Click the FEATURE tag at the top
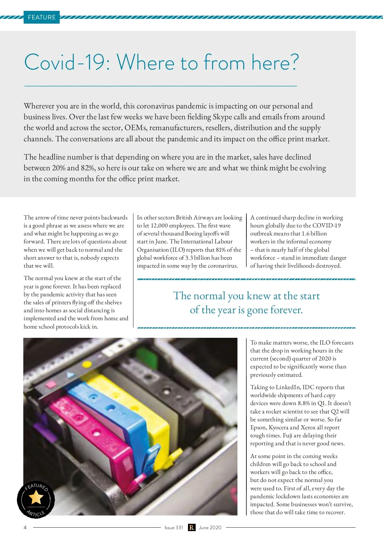click(x=41, y=17)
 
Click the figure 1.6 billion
click(x=314, y=234)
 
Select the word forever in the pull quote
click(x=286, y=310)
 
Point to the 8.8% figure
click(x=304, y=403)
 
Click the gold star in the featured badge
click(x=36, y=497)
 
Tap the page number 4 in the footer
click(x=25, y=528)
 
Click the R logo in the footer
click(x=191, y=528)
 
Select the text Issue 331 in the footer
click(x=174, y=528)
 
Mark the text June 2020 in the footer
click(x=210, y=528)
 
